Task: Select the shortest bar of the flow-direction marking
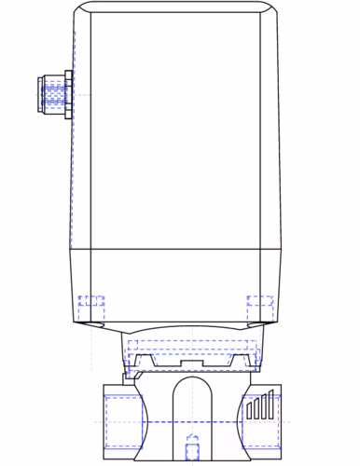(249, 411)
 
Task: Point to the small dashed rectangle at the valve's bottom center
(192, 449)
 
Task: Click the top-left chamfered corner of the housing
(81, 8)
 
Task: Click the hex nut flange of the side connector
(68, 94)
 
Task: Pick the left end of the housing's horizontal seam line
(73, 250)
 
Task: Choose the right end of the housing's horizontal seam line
(280, 250)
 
